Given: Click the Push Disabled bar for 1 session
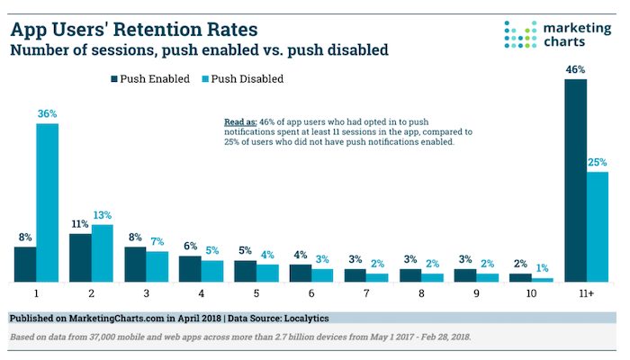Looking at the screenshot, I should (47, 203).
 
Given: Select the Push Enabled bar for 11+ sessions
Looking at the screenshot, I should (576, 181).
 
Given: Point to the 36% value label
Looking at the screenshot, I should (47, 114).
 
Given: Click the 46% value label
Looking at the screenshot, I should (576, 68).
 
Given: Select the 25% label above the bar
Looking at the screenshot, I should (598, 162).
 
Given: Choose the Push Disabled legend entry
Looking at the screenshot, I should (242, 79).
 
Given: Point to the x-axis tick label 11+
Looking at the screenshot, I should (587, 294).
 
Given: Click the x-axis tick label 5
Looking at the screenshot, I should (256, 294).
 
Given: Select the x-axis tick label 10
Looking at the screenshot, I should (532, 294).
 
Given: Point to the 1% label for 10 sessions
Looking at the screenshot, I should (543, 268).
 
